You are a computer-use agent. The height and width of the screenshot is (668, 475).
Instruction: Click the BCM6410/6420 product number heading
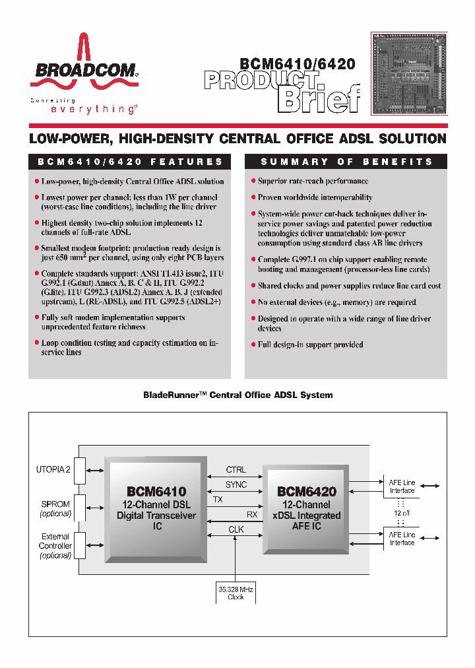tap(297, 64)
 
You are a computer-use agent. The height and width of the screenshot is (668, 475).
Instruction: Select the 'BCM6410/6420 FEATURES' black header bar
tap(130, 162)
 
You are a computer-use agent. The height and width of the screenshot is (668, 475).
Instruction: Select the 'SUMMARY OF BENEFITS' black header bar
tap(346, 162)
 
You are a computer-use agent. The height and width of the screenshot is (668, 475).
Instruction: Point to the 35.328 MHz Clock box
tap(236, 592)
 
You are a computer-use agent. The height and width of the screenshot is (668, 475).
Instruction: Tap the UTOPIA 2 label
tap(53, 469)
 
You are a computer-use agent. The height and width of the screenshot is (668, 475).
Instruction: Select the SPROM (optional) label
tap(55, 508)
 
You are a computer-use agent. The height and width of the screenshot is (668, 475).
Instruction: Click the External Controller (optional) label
tap(55, 546)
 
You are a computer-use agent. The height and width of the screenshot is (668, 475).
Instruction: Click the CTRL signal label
tap(236, 470)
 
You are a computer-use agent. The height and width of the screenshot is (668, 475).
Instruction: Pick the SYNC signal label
tap(236, 484)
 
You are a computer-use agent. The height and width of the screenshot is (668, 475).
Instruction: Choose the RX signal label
tap(252, 514)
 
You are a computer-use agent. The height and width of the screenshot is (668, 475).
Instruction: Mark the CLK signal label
tap(236, 529)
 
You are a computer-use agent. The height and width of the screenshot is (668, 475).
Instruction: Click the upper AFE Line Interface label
tap(402, 486)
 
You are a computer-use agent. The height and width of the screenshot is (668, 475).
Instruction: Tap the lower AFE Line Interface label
tap(402, 539)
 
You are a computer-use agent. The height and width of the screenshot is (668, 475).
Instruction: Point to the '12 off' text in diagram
tap(402, 513)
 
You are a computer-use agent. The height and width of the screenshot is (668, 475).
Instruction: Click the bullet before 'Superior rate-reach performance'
tap(253, 181)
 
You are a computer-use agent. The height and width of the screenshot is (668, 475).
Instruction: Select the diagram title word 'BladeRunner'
tap(173, 395)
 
